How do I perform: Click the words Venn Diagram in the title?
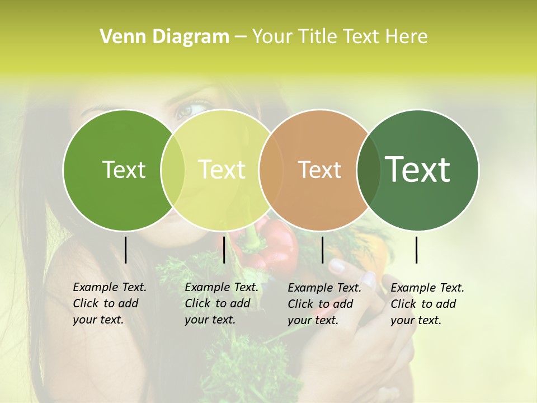(164, 37)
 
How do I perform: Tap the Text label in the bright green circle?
(124, 170)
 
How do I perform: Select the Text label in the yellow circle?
(222, 170)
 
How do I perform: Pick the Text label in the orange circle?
(319, 170)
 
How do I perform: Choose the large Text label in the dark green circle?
(418, 170)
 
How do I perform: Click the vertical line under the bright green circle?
(125, 250)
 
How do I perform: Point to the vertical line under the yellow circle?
(224, 250)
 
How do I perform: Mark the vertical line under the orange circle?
(322, 250)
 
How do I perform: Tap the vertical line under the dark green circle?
(417, 250)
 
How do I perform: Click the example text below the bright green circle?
(110, 303)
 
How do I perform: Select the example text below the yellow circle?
(222, 303)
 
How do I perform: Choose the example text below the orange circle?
(324, 304)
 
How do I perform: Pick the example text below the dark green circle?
(427, 304)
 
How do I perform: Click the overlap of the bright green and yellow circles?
(173, 170)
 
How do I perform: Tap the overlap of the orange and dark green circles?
(368, 170)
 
